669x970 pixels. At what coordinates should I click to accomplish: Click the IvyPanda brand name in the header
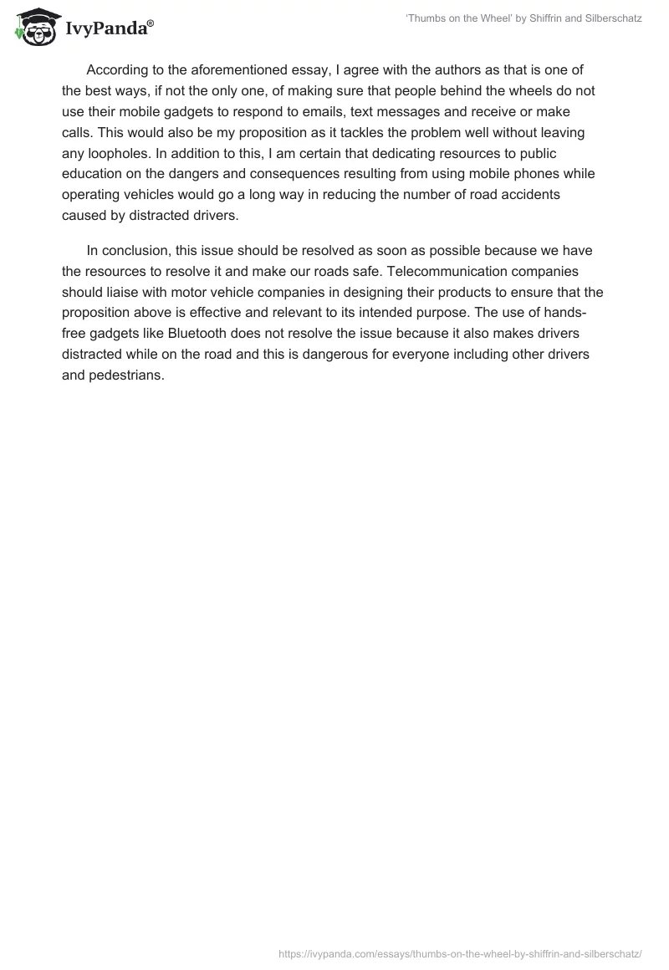click(x=108, y=28)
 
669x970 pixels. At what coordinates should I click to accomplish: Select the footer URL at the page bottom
click(x=459, y=952)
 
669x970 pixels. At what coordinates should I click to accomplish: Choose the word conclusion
click(x=138, y=251)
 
